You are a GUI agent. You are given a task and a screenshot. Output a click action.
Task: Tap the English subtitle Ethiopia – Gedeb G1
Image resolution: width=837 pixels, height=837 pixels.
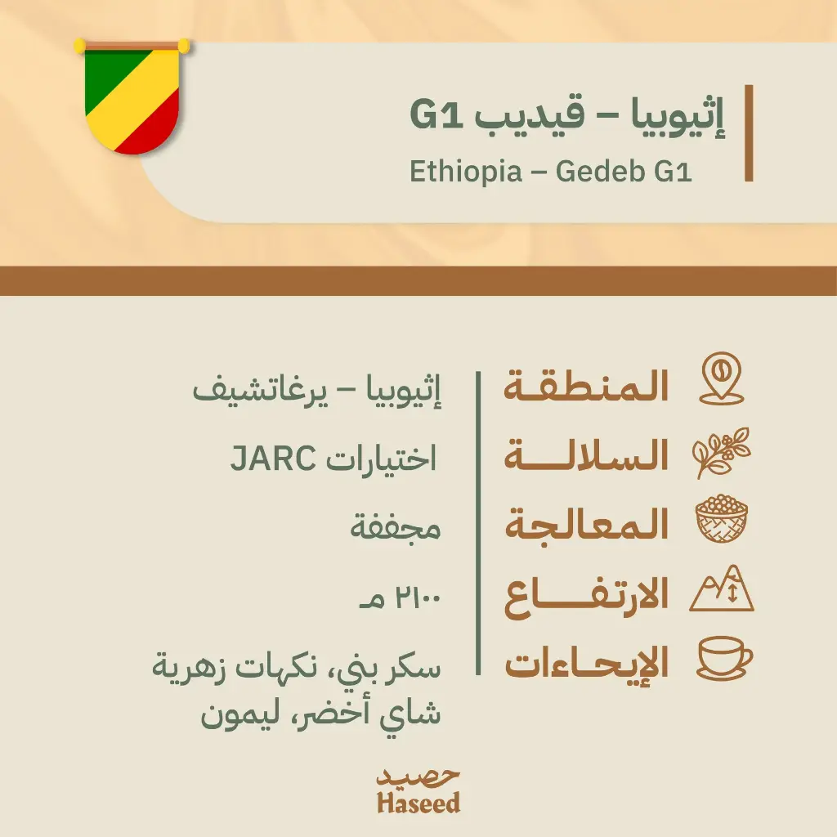tap(550, 173)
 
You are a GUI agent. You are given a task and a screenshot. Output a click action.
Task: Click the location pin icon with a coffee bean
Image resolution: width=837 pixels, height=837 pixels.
tap(721, 379)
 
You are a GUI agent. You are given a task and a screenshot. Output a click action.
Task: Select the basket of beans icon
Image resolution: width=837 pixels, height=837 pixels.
tap(721, 521)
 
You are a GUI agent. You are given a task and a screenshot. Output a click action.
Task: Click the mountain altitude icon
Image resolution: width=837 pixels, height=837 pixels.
tap(721, 591)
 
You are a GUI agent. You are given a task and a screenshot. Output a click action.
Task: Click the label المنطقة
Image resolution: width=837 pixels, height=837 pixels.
tap(586, 386)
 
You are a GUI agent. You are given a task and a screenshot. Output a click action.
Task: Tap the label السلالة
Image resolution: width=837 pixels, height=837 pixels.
tap(586, 456)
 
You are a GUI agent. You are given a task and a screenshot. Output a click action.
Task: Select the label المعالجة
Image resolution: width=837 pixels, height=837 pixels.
tap(586, 526)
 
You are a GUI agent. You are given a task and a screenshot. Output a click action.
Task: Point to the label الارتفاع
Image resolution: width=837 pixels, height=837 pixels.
tap(586, 597)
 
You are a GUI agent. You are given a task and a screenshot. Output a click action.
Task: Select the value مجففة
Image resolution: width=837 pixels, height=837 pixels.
tap(396, 528)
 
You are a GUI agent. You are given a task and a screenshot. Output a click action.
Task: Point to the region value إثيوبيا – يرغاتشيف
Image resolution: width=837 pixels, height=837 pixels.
tap(317, 390)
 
